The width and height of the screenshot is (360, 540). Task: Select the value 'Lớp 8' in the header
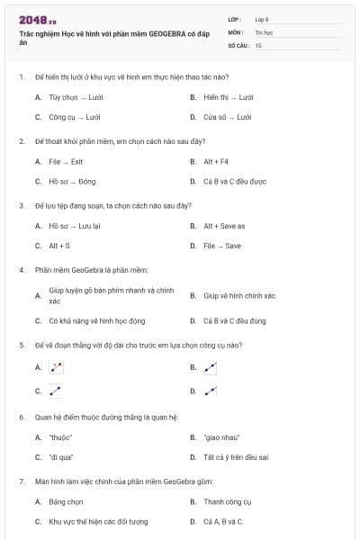pos(262,19)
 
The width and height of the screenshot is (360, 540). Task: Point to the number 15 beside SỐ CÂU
pos(258,44)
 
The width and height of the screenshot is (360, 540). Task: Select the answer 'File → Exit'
pos(66,162)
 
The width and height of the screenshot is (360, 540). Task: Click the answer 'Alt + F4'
pos(217,162)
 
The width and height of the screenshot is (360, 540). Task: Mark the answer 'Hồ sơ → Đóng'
pos(72,181)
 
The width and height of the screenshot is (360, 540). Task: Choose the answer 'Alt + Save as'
pos(224,226)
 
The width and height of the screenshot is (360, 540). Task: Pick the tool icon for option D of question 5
pos(210,391)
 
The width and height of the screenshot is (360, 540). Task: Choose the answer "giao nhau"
pos(221,437)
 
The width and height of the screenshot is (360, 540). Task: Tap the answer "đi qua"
pos(60,457)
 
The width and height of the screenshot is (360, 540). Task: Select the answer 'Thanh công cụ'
pos(228,502)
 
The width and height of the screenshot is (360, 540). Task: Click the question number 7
pos(21,482)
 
